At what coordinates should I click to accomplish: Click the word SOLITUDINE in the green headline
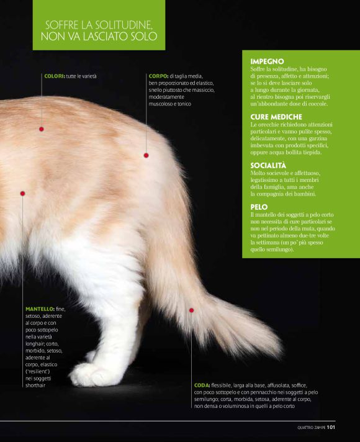tap(124, 25)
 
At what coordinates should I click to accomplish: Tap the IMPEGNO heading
tap(267, 61)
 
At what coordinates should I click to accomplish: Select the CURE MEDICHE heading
tap(276, 117)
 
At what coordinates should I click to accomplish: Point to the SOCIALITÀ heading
tap(268, 165)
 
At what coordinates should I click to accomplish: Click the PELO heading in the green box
tap(259, 207)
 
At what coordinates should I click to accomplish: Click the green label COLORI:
tap(55, 76)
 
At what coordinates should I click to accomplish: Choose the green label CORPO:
tap(158, 76)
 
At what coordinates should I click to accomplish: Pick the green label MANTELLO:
tap(40, 309)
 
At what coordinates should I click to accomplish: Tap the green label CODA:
tap(202, 385)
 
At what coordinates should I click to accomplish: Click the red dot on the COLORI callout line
tap(42, 129)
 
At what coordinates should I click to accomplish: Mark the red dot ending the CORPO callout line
tap(146, 155)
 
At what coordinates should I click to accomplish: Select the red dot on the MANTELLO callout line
tap(22, 194)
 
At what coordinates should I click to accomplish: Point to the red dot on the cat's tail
tap(191, 310)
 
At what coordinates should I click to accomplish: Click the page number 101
tap(331, 427)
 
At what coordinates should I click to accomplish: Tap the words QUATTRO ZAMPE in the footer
tap(311, 428)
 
